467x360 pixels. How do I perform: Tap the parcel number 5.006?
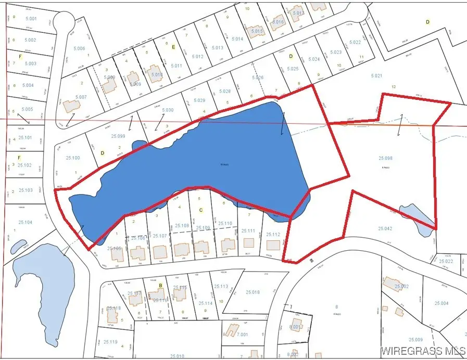[79, 48]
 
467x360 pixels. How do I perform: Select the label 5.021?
[376, 76]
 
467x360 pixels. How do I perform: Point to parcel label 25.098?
[385, 158]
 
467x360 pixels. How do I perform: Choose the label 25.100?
[73, 158]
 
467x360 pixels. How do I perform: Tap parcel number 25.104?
[25, 222]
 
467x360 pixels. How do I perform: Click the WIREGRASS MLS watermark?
[422, 351]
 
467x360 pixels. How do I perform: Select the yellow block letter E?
[173, 46]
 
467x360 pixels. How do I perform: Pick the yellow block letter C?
[201, 210]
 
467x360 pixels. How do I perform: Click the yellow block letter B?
[161, 286]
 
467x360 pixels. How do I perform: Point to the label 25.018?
[253, 292]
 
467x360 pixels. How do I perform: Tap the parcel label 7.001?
[243, 335]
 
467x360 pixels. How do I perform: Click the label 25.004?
[441, 303]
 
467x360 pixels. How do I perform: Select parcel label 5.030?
[167, 110]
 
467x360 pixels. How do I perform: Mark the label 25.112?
[273, 234]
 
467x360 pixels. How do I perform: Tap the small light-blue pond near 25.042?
[416, 217]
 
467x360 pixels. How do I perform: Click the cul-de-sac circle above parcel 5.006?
[64, 22]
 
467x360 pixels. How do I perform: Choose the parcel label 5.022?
[355, 43]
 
